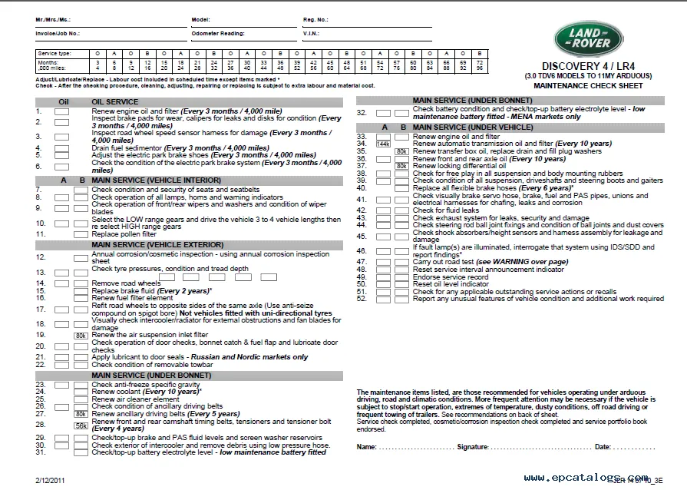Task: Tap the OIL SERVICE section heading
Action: [115, 101]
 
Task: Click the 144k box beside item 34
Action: [383, 144]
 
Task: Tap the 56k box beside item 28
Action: [80, 425]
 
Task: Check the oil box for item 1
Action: [62, 112]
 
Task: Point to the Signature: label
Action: [473, 446]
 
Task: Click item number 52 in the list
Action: [362, 299]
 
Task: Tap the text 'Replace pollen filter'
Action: [124, 233]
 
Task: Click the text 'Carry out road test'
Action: [445, 262]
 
